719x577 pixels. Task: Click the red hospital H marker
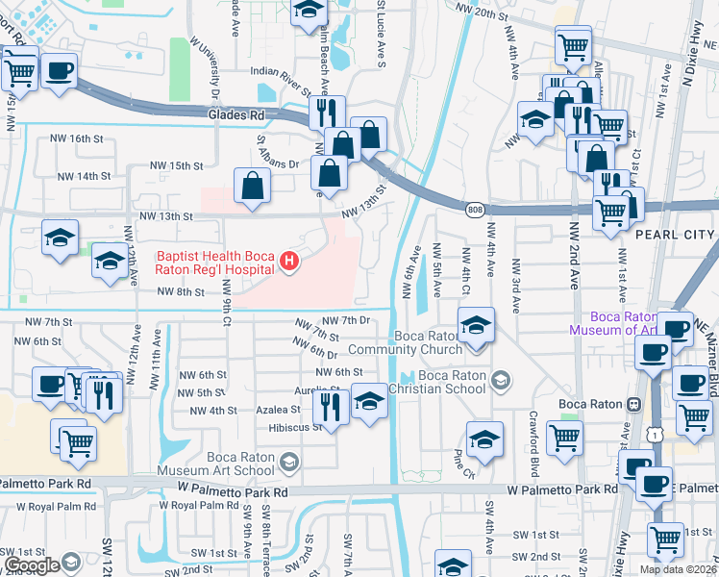[286, 261]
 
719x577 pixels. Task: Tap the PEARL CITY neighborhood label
[675, 235]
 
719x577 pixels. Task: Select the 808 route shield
[477, 209]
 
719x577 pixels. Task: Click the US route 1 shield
[656, 436]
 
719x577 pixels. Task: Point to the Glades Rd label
[235, 115]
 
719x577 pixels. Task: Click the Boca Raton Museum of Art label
[624, 323]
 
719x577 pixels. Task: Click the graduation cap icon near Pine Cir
[485, 438]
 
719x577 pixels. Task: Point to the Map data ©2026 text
[678, 569]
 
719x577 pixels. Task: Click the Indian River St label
[281, 72]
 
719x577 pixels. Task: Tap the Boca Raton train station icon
[633, 405]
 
